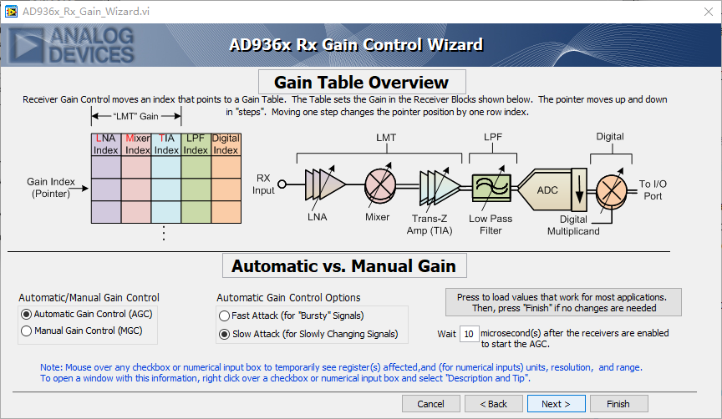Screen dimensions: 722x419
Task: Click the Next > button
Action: (556, 404)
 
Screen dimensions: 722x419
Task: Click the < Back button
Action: (492, 404)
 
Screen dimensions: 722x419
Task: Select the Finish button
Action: (618, 404)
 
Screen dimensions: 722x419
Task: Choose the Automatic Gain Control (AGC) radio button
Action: (27, 315)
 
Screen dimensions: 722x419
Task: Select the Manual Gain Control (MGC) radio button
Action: (27, 331)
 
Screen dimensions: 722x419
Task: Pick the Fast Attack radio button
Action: (224, 316)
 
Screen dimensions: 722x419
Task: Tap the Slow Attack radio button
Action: (224, 334)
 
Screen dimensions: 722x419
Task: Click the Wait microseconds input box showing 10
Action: (469, 334)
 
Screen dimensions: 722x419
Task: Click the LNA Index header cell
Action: (105, 144)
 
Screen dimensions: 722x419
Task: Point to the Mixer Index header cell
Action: (136, 144)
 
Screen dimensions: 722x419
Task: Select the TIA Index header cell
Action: (166, 144)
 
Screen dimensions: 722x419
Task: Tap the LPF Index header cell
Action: (196, 144)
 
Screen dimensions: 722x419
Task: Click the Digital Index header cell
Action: (226, 144)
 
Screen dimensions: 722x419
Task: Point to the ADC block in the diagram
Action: (547, 190)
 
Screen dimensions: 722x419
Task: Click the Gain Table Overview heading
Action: (361, 83)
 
